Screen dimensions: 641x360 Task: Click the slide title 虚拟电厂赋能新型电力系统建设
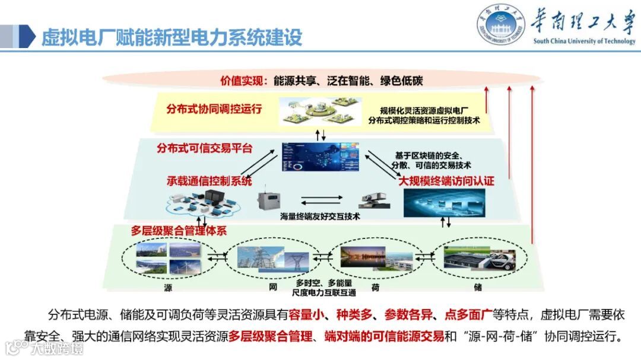click(x=172, y=37)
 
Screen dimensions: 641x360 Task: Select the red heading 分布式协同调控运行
click(x=214, y=109)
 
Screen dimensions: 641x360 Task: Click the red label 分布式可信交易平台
click(x=205, y=148)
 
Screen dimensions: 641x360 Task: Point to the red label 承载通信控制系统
click(x=209, y=181)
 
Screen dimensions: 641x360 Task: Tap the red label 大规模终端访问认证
click(x=446, y=181)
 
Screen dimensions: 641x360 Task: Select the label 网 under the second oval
click(x=273, y=287)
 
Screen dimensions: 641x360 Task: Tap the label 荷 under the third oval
click(x=376, y=287)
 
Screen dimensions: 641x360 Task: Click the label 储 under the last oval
click(x=478, y=287)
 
